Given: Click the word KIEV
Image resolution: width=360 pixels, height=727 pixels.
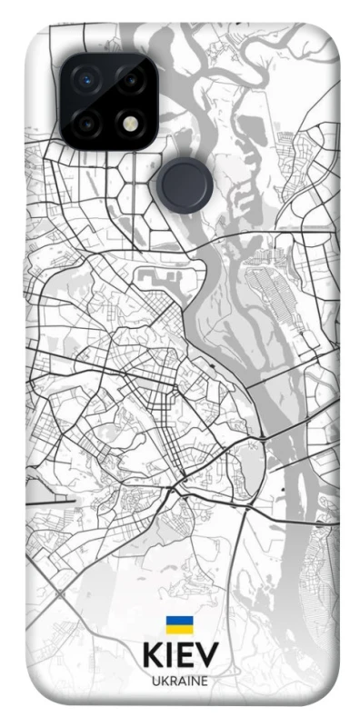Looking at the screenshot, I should pos(179,657).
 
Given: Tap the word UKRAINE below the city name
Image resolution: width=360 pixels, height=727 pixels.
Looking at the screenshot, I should pos(180,680).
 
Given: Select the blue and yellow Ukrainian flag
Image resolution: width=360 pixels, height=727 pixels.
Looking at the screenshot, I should pos(179,624).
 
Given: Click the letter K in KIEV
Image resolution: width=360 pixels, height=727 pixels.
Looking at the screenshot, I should pos(151,657).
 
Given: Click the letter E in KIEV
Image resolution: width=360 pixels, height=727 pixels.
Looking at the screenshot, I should pos(185,657).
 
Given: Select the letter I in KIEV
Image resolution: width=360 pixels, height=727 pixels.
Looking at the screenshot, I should pos(168,657).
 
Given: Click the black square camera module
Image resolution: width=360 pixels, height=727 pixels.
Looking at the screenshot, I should pos(110,100).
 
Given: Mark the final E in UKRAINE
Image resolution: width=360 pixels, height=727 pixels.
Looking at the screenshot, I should pos(205,680).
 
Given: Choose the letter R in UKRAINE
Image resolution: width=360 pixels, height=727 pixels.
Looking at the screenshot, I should pos(172,680).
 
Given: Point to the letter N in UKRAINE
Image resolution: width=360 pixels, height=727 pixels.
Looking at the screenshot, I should pos(195,680).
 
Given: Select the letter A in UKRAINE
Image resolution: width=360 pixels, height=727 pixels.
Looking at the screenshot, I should pos(181,680).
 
